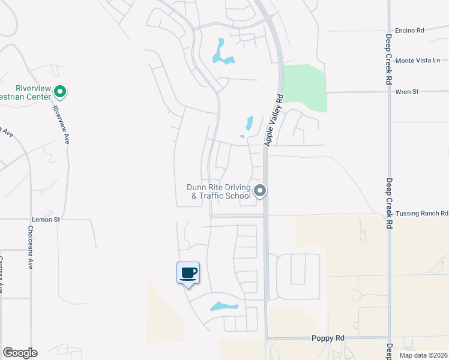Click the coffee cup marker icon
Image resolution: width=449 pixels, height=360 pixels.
[x=188, y=273]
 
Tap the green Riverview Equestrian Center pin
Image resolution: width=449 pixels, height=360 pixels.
[x=59, y=92]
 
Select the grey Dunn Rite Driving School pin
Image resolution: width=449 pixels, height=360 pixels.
[x=260, y=191]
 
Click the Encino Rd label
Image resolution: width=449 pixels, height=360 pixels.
[x=409, y=30]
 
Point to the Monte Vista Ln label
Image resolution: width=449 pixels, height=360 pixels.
[x=418, y=61]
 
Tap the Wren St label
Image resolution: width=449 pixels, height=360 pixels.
[x=406, y=92]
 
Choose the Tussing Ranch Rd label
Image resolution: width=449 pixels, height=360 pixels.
[x=422, y=213]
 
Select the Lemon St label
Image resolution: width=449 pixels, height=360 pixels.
[x=49, y=220]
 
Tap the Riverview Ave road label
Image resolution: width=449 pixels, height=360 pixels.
[x=62, y=124]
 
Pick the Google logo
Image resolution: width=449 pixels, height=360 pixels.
[x=20, y=353]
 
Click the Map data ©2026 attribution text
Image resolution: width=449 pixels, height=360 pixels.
[x=423, y=355]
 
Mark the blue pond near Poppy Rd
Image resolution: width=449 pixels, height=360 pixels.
[x=224, y=307]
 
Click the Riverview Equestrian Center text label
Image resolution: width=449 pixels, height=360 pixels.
[x=25, y=92]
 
